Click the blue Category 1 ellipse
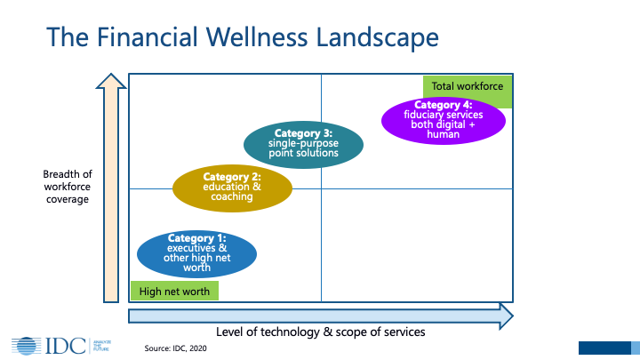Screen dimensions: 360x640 click(x=196, y=252)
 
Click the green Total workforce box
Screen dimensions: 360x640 click(x=468, y=87)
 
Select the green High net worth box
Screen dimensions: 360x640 click(x=174, y=291)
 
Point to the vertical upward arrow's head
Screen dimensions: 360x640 click(x=111, y=81)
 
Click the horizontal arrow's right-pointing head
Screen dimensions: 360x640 click(x=505, y=315)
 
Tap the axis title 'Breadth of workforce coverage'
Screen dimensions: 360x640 click(x=67, y=187)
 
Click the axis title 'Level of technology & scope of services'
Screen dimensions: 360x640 click(x=320, y=332)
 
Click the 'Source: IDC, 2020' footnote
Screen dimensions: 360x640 click(x=179, y=348)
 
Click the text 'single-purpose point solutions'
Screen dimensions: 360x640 click(x=304, y=148)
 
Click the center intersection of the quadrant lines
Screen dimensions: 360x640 click(x=321, y=188)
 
